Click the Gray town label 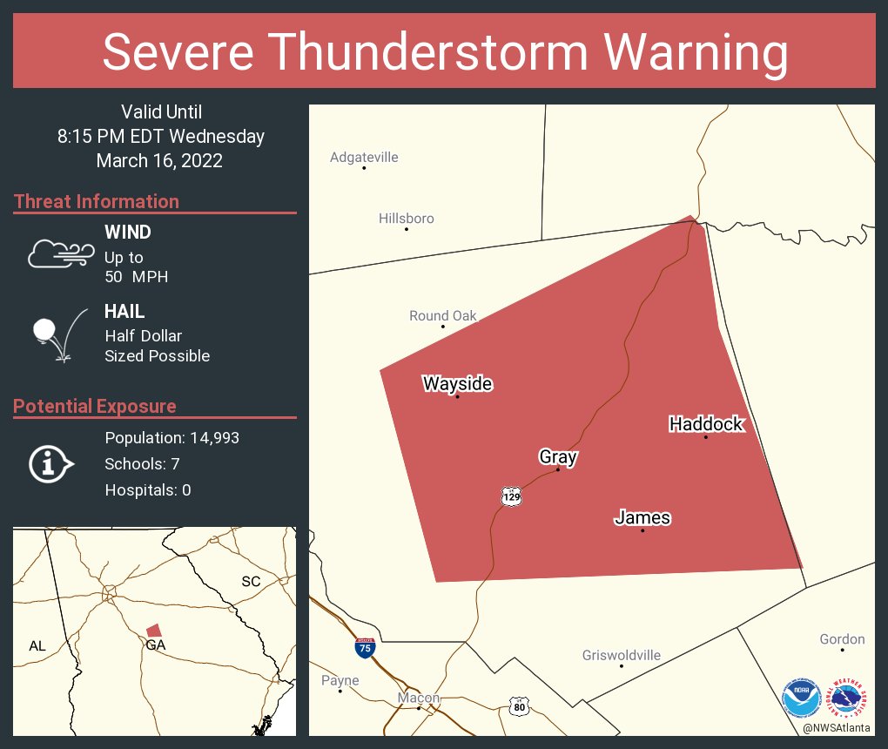click(x=558, y=457)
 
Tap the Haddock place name click(x=706, y=424)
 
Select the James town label click(x=642, y=518)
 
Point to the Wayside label click(x=457, y=384)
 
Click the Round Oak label click(x=443, y=316)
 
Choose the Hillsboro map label click(x=406, y=219)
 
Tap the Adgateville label click(x=364, y=158)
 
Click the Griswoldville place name click(x=621, y=656)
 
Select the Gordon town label click(x=842, y=639)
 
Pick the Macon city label click(x=419, y=698)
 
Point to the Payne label click(x=340, y=680)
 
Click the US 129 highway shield click(x=511, y=496)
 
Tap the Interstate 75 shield click(x=366, y=648)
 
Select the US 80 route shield click(x=519, y=705)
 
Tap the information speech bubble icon click(x=50, y=464)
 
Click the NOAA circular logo click(x=801, y=698)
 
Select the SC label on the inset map click(x=251, y=581)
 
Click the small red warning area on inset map click(x=154, y=630)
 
